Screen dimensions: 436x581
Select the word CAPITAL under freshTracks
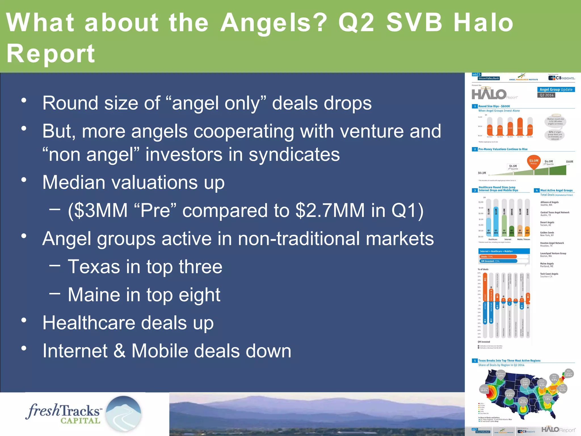click(x=80, y=421)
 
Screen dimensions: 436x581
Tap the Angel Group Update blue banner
click(x=556, y=89)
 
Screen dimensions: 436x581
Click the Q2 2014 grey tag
click(x=546, y=95)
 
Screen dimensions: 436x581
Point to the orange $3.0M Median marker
click(x=534, y=162)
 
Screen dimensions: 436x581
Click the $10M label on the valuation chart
click(x=569, y=162)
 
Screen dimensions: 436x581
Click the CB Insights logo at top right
click(x=561, y=78)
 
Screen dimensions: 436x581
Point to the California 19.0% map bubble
click(x=484, y=389)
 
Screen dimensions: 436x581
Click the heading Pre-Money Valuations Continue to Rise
click(x=503, y=149)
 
